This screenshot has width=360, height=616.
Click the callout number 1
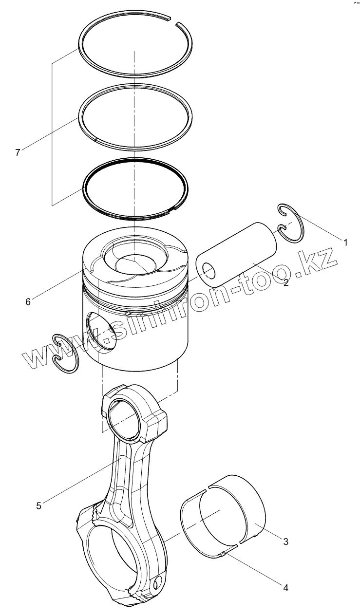pos(345,242)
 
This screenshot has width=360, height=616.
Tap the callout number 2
pos(286,283)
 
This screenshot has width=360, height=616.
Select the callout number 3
pos(286,541)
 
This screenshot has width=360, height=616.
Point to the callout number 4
pos(286,588)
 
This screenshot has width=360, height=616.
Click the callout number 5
pos(38,505)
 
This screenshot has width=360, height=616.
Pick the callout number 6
pos(28,302)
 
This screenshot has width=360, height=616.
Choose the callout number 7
pos(18,152)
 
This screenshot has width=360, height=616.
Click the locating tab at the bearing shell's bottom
pos(224,553)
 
